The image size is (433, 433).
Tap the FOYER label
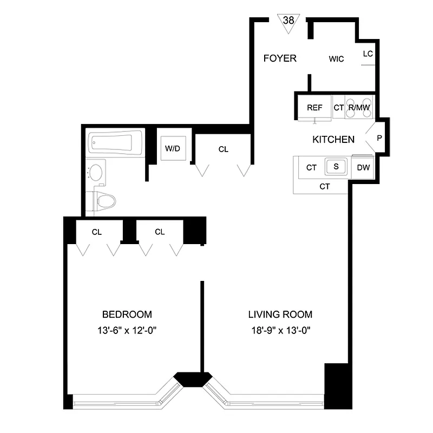[280, 58]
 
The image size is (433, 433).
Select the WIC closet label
[336, 59]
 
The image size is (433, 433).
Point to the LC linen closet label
[368, 54]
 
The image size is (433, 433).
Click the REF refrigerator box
[314, 108]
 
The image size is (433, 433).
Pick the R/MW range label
[359, 108]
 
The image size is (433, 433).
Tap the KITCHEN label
[333, 140]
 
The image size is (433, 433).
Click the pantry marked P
[379, 138]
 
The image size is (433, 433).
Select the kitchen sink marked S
[336, 167]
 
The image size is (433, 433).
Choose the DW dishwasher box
[363, 167]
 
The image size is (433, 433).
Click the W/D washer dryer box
[173, 149]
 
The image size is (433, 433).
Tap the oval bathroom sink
[96, 173]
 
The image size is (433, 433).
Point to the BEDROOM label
[127, 314]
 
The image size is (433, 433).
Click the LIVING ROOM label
[280, 314]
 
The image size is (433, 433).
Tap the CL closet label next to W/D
[224, 149]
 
